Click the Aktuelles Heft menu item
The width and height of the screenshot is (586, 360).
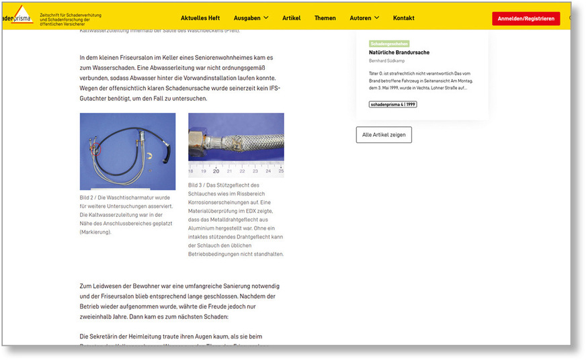200,17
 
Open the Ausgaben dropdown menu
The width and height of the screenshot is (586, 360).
251,17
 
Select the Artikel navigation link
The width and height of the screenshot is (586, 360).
291,17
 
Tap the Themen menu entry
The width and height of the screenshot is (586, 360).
325,17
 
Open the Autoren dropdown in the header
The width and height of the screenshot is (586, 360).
364,17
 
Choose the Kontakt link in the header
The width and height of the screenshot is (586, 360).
403,17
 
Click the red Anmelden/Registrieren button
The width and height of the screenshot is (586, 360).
526,18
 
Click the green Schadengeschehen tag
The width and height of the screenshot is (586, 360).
390,44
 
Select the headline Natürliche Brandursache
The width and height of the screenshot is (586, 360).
399,52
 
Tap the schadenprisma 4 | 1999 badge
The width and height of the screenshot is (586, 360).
392,104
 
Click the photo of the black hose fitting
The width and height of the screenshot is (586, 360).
127,151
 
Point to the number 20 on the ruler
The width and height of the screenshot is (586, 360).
216,171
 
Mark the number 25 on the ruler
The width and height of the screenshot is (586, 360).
281,171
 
